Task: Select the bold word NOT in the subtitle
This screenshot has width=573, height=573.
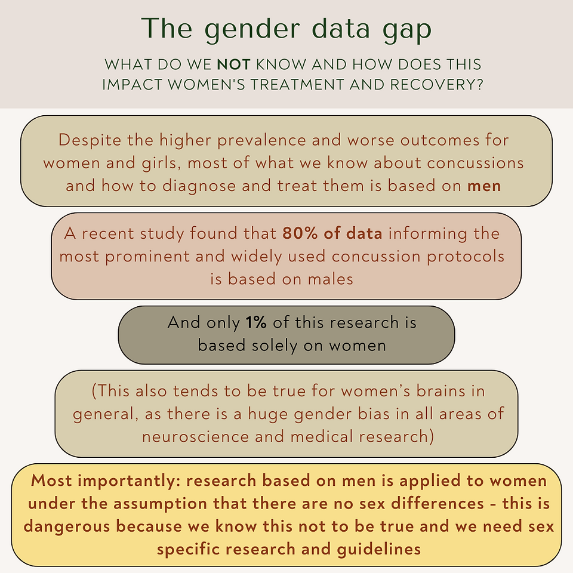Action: [233, 64]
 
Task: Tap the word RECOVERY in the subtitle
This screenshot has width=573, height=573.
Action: [435, 85]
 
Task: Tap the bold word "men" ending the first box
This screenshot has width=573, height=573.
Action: [484, 186]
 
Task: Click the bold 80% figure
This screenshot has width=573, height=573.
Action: [300, 233]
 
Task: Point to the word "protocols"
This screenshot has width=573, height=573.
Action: [466, 257]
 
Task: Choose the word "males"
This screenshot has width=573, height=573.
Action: [330, 279]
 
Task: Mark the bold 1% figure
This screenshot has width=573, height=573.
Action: [256, 323]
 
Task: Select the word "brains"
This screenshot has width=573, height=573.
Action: [440, 392]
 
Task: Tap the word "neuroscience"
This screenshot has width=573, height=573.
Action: [196, 437]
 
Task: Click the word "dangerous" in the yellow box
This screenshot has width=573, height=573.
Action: [67, 527]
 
